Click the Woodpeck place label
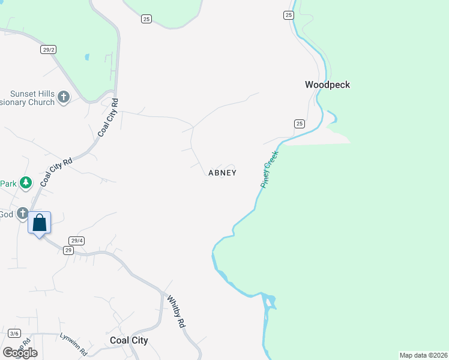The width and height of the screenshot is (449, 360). point(327,85)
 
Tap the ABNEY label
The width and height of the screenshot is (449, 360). point(222,173)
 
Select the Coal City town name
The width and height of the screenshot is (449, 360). point(129,340)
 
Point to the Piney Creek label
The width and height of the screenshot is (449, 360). point(270,170)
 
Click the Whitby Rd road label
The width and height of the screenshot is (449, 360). point(175,310)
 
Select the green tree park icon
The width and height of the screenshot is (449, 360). point(25,182)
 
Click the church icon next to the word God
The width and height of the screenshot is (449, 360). point(23,214)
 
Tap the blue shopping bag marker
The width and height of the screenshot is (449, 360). point(40,223)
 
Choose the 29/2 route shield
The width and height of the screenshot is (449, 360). point(49,50)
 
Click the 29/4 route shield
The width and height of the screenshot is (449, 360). point(76,240)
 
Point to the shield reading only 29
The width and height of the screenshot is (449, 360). point(68,250)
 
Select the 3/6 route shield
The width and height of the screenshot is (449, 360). point(14,334)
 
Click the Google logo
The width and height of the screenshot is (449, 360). point(20,352)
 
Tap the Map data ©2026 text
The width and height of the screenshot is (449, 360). point(423,355)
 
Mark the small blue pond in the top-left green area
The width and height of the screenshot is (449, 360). point(87,58)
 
